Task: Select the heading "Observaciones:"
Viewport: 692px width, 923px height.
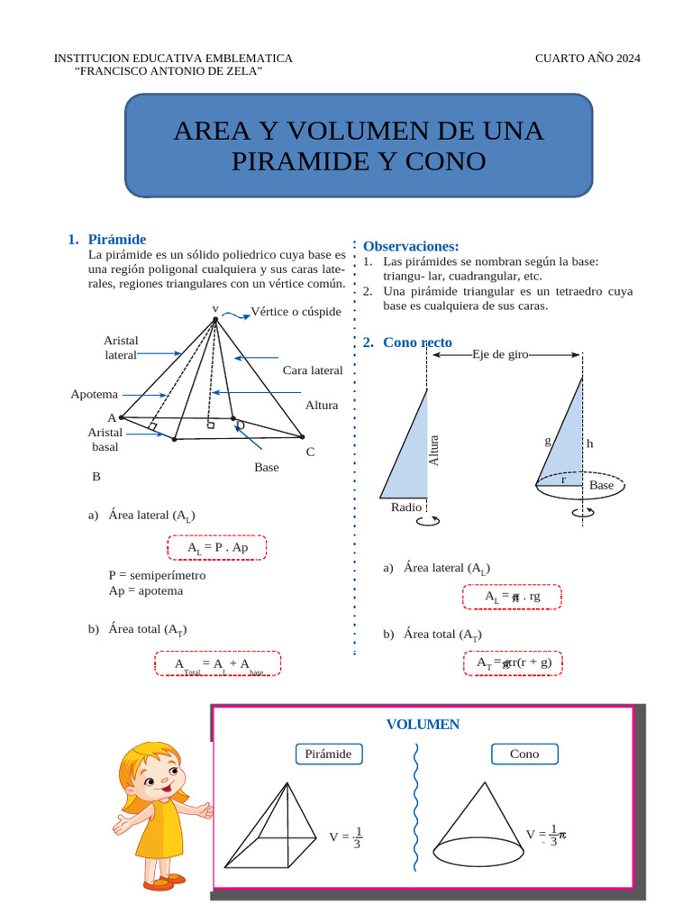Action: pos(411,246)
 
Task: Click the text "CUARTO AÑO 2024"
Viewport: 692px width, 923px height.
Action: pos(587,59)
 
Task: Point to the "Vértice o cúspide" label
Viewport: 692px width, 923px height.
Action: pos(296,312)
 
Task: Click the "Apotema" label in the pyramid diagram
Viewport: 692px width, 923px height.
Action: pos(95,394)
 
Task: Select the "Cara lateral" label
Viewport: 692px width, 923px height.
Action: pos(313,370)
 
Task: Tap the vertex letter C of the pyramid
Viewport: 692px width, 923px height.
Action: pos(310,452)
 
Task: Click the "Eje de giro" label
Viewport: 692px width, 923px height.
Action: pos(500,355)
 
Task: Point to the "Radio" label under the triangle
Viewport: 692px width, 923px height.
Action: pos(406,507)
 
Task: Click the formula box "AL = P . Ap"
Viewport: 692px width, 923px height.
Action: pos(216,547)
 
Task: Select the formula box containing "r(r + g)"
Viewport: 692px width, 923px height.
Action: pos(512,663)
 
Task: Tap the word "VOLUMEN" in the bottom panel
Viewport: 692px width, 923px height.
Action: pos(423,725)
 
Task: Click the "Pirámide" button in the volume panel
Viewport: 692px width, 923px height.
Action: pos(328,754)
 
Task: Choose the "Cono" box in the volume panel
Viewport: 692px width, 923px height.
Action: pos(524,754)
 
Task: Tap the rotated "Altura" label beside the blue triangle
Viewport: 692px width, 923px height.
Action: pos(433,450)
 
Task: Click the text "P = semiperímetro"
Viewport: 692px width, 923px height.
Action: pos(157,575)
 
